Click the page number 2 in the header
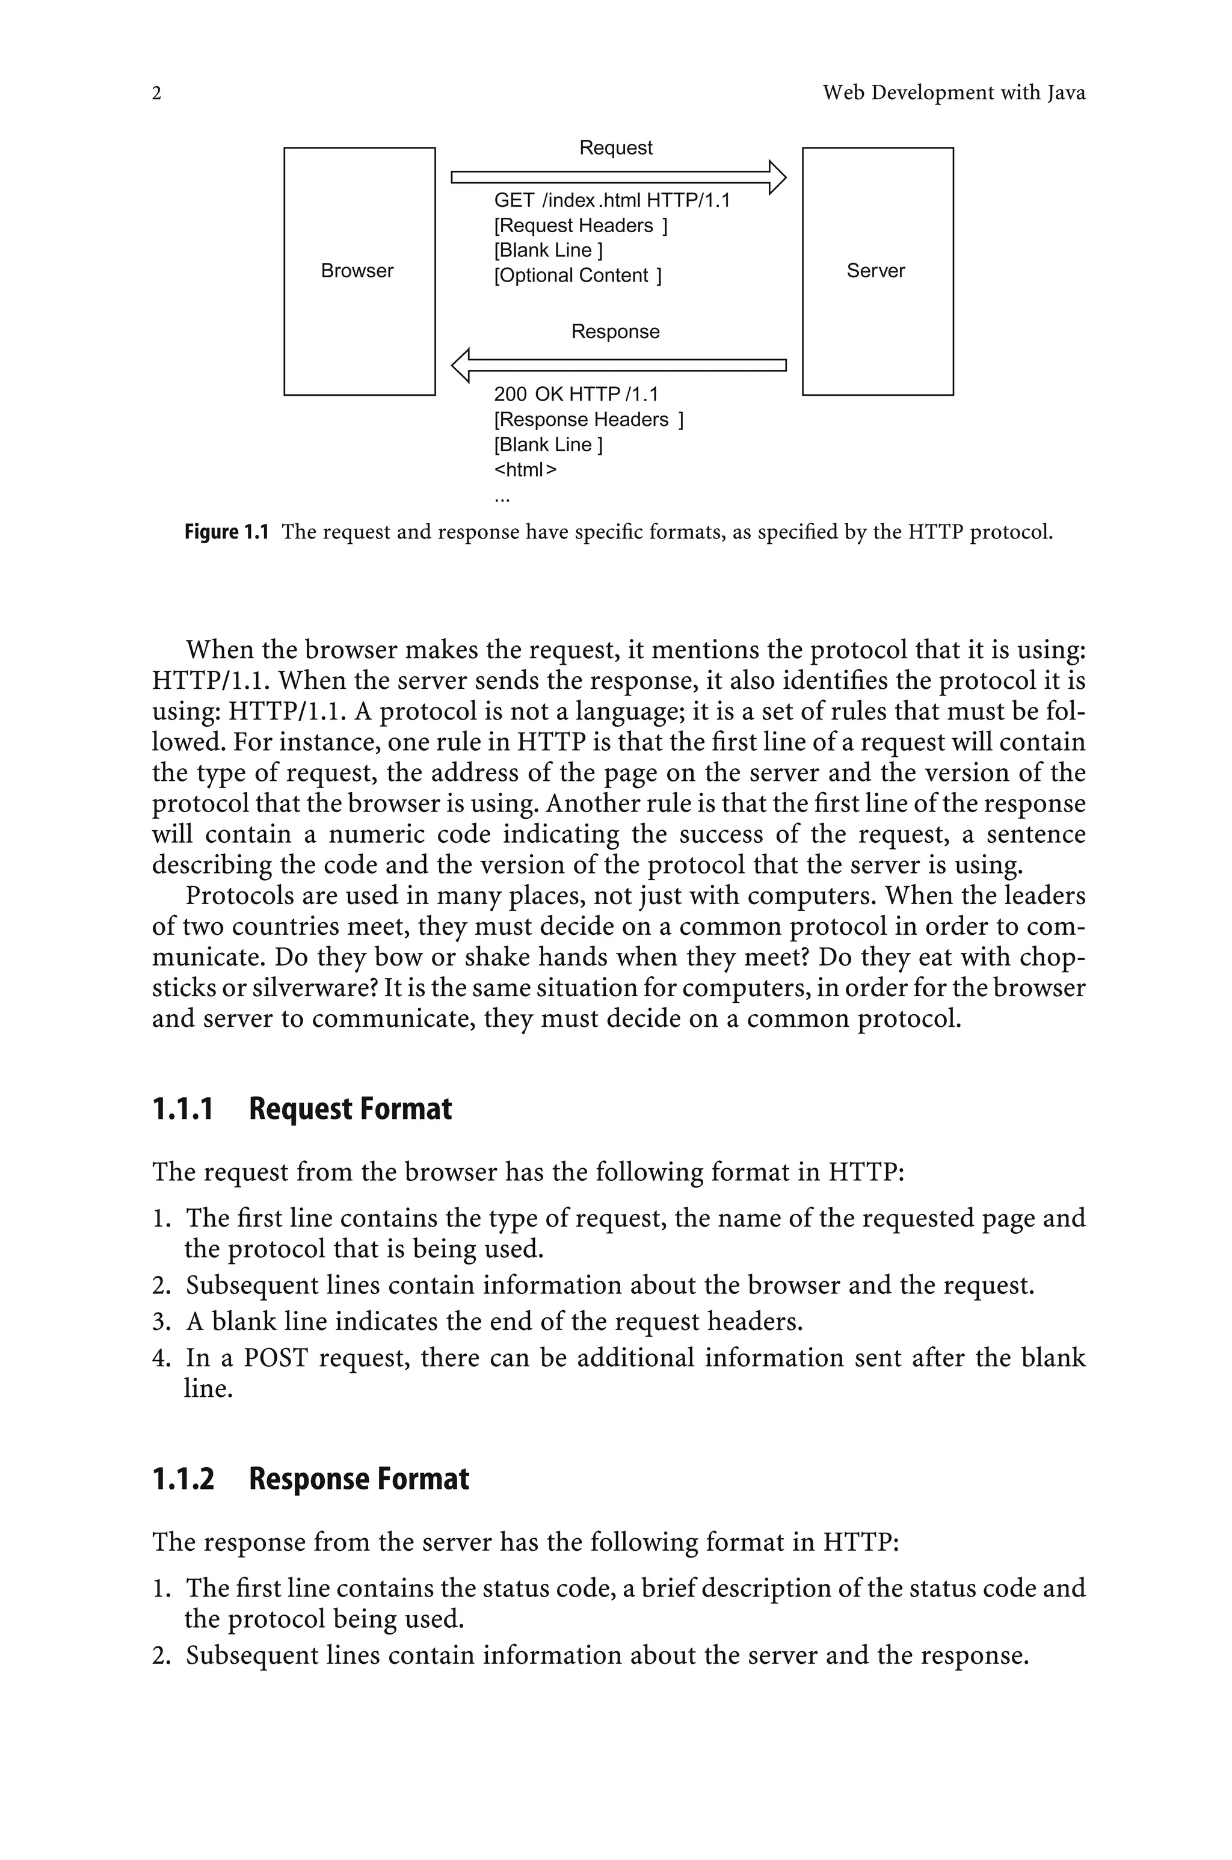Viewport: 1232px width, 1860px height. (x=156, y=93)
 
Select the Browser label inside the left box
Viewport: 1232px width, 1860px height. (x=357, y=271)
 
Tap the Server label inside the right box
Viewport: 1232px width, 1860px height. (x=875, y=271)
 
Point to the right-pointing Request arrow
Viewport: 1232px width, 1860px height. (x=618, y=177)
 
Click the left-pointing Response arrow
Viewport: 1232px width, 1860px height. (x=618, y=365)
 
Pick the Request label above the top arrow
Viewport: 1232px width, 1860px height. (x=615, y=147)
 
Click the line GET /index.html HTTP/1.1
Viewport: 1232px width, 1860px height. (x=612, y=201)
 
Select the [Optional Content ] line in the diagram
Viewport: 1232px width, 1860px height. (x=577, y=276)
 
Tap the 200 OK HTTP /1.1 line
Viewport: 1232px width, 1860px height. (x=576, y=394)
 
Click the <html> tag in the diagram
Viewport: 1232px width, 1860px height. (x=525, y=470)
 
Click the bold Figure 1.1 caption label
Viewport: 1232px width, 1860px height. (x=226, y=532)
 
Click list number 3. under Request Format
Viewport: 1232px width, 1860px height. (x=161, y=1322)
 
